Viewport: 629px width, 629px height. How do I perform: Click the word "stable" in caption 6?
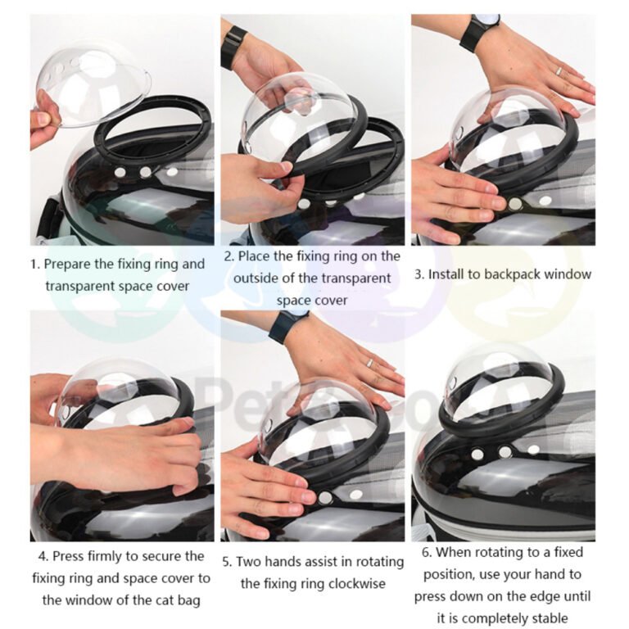click(550, 618)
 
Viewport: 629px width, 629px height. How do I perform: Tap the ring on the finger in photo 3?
click(559, 71)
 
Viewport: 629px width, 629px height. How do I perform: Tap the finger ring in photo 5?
click(369, 363)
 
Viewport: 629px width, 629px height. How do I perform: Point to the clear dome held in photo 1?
click(93, 86)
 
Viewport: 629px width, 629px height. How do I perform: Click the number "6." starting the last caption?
click(427, 553)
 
